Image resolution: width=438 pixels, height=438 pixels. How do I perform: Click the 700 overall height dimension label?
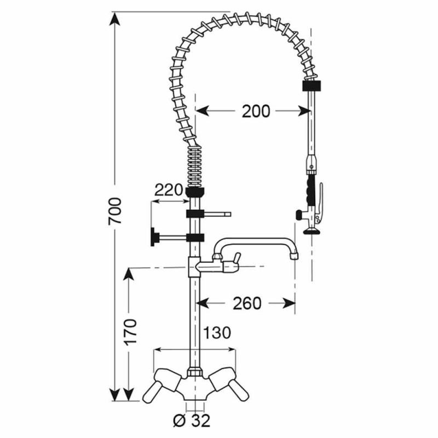(115, 211)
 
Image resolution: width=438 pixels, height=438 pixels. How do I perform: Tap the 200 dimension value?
(256, 111)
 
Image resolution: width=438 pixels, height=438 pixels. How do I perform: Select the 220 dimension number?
(169, 190)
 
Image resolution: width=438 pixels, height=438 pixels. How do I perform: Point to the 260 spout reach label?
(247, 303)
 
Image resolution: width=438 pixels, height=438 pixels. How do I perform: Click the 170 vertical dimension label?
(131, 332)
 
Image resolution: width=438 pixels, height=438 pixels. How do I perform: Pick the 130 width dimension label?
(217, 333)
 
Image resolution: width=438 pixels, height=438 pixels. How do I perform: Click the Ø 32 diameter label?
(192, 420)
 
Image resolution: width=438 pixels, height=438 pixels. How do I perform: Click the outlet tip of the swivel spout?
(294, 256)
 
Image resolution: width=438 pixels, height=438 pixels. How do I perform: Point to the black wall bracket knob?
(153, 237)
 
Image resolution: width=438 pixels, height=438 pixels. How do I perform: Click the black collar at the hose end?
(312, 86)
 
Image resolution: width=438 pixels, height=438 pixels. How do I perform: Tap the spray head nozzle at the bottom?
(312, 230)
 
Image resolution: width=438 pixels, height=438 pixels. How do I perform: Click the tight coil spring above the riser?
(194, 167)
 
